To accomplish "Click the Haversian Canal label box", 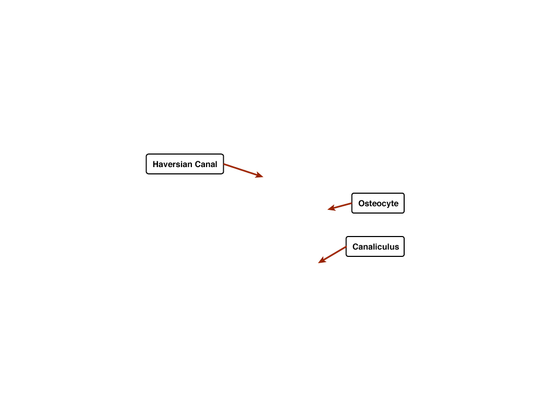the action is tap(185, 164).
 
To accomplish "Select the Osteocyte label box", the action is tap(378, 203).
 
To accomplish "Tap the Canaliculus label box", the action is tap(375, 246).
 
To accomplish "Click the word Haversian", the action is tap(172, 164).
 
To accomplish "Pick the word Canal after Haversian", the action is tap(206, 164).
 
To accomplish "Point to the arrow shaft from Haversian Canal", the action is tap(240, 170).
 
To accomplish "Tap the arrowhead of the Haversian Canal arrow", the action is tap(260, 175).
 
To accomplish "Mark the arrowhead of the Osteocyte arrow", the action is tap(332, 208).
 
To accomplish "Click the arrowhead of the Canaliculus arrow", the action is tap(322, 260).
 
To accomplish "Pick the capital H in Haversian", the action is tap(155, 164).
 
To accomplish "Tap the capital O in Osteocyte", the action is tap(362, 204).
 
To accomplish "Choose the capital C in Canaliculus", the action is tap(356, 247).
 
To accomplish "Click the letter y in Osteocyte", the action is tap(387, 205).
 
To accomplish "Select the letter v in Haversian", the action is tap(165, 166).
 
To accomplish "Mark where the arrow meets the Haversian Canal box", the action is tap(224, 164).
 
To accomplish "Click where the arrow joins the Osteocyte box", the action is tap(352, 204).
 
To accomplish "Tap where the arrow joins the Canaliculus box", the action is tap(346, 247).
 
